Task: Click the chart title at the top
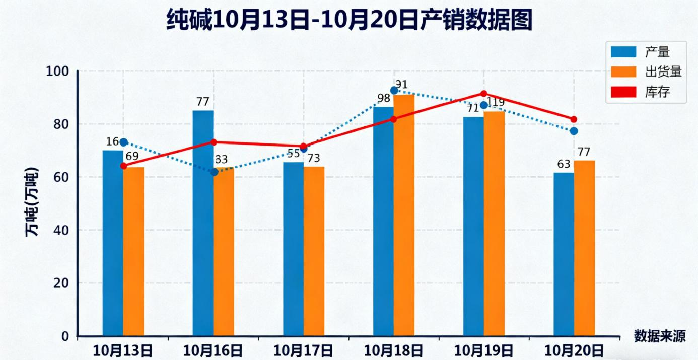pyautogui.click(x=349, y=21)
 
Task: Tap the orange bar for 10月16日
pyautogui.click(x=224, y=252)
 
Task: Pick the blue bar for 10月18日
pyautogui.click(x=383, y=222)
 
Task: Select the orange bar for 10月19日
pyautogui.click(x=494, y=224)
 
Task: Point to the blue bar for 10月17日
pyautogui.click(x=293, y=249)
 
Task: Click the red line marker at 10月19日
pyautogui.click(x=483, y=94)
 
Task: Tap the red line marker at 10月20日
pyautogui.click(x=574, y=119)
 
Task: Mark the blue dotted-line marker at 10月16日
pyautogui.click(x=214, y=172)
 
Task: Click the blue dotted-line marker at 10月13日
pyautogui.click(x=123, y=142)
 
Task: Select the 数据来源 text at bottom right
pyautogui.click(x=659, y=336)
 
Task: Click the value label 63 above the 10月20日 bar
pyautogui.click(x=564, y=164)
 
